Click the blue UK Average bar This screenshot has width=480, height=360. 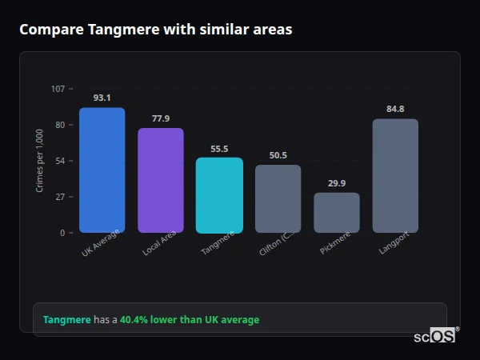[x=102, y=170]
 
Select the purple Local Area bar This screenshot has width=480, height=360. [x=160, y=181]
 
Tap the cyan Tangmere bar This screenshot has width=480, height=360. [x=219, y=195]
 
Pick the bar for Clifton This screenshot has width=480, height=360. [x=278, y=199]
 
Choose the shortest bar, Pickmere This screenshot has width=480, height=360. [x=336, y=213]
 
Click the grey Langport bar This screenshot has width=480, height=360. [x=395, y=176]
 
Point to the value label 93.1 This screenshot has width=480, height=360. [x=102, y=98]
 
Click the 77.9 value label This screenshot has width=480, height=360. [x=160, y=118]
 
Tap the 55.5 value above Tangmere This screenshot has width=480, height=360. [x=219, y=148]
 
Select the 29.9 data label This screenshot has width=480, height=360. [x=336, y=183]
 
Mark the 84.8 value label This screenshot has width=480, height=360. [x=395, y=109]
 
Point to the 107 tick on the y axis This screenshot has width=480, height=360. [x=58, y=89]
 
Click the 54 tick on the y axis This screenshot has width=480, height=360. [x=60, y=161]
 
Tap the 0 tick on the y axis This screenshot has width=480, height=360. [x=62, y=233]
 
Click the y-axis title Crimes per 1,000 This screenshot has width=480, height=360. [x=40, y=160]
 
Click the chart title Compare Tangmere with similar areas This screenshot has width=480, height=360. [x=155, y=30]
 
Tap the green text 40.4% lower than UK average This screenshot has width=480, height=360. [x=190, y=320]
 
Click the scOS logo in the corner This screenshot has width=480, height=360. [x=434, y=336]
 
